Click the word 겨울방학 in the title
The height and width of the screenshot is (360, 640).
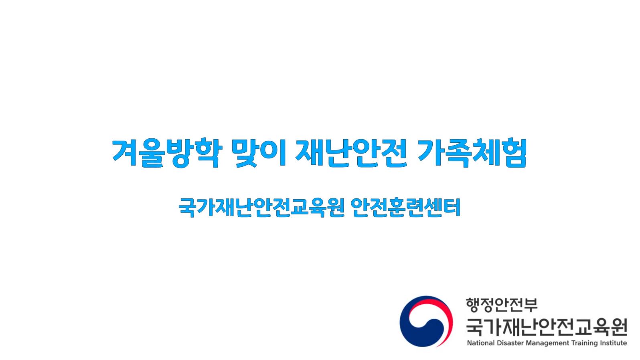[x=167, y=153]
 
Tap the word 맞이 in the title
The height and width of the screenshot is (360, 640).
[x=259, y=153]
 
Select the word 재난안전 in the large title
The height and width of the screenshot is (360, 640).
[x=351, y=153]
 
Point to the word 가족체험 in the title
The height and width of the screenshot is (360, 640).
[x=472, y=153]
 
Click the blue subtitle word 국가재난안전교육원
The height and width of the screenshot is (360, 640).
[x=261, y=207]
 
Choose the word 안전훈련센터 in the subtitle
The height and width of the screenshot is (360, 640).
[x=406, y=207]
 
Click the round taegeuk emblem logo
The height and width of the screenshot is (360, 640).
[x=426, y=322]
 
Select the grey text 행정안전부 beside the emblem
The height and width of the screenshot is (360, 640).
[x=501, y=305]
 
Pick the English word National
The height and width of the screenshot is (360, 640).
[x=481, y=343]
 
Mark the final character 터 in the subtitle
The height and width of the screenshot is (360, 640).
[x=452, y=207]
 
